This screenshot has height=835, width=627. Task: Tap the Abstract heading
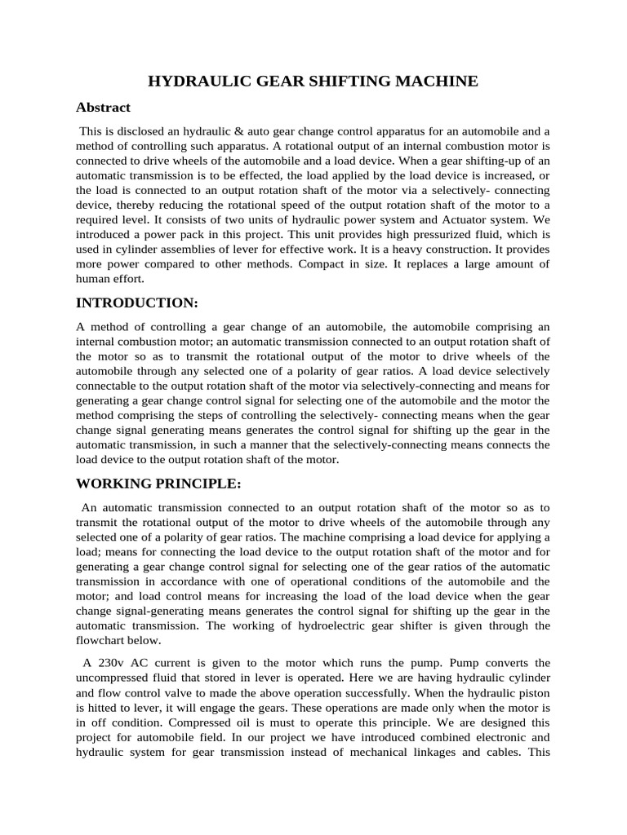(x=103, y=108)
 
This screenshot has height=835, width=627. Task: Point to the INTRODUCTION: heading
(x=137, y=303)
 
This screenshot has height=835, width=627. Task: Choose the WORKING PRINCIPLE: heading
(x=158, y=484)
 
